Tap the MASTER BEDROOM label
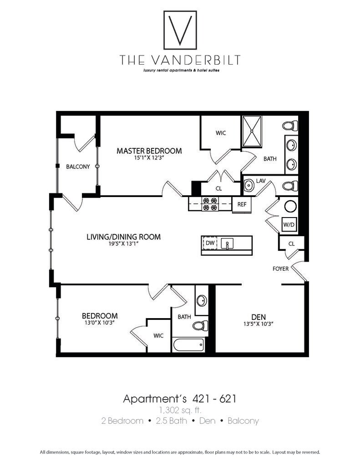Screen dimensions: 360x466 (x=149, y=151)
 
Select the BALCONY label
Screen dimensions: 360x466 (x=78, y=167)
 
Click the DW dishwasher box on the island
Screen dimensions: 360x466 (x=210, y=243)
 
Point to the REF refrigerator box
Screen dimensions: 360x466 (x=242, y=204)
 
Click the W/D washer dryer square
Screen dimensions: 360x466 (x=289, y=224)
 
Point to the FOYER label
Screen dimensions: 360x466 (x=281, y=268)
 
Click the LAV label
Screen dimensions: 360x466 (x=260, y=181)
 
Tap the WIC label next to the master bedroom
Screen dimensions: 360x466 (x=220, y=133)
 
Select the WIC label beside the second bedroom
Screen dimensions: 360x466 (x=158, y=336)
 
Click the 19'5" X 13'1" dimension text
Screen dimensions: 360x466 (x=123, y=243)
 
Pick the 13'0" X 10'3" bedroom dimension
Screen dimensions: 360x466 (x=100, y=323)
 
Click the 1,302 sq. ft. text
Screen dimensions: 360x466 (x=180, y=410)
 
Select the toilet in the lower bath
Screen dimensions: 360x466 (x=200, y=325)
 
